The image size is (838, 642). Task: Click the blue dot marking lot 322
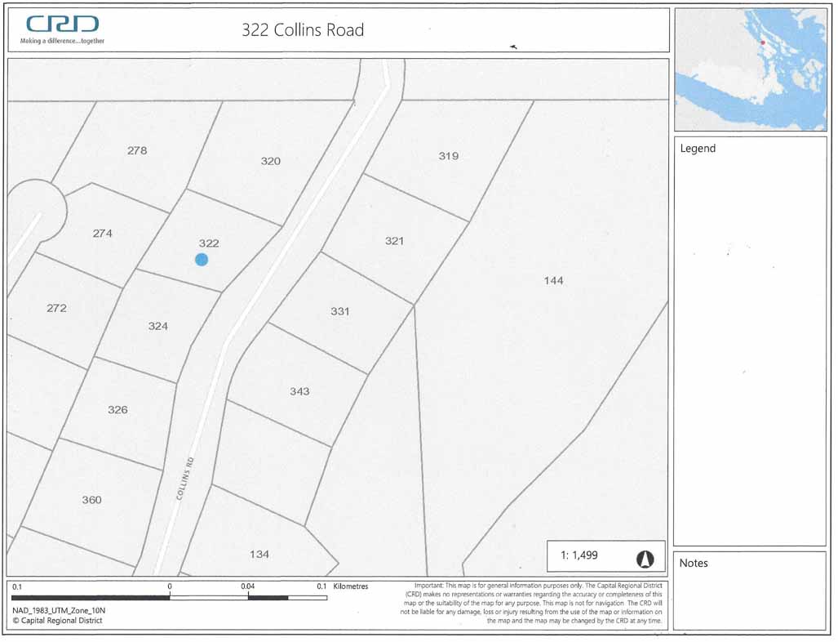pyautogui.click(x=202, y=260)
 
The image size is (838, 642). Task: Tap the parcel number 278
pyautogui.click(x=137, y=150)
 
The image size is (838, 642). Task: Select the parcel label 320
pyautogui.click(x=270, y=161)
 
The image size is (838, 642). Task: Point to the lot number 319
pyautogui.click(x=448, y=156)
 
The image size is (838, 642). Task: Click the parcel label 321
pyautogui.click(x=394, y=241)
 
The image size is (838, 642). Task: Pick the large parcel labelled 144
pyautogui.click(x=553, y=281)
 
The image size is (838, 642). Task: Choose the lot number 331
pyautogui.click(x=339, y=311)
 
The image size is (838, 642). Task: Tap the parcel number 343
pyautogui.click(x=299, y=391)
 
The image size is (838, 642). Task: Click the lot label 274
pyautogui.click(x=102, y=234)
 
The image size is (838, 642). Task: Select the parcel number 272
pyautogui.click(x=56, y=308)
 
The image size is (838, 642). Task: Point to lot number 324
pyautogui.click(x=157, y=326)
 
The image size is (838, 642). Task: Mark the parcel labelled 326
pyautogui.click(x=117, y=409)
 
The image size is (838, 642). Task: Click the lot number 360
pyautogui.click(x=91, y=500)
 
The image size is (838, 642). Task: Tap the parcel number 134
pyautogui.click(x=259, y=555)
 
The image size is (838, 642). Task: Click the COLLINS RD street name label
pyautogui.click(x=185, y=479)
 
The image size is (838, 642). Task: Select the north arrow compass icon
pyautogui.click(x=645, y=559)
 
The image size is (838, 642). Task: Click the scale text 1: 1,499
pyautogui.click(x=579, y=555)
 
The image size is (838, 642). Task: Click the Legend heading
pyautogui.click(x=698, y=149)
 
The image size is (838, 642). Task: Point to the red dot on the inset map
pyautogui.click(x=762, y=42)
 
